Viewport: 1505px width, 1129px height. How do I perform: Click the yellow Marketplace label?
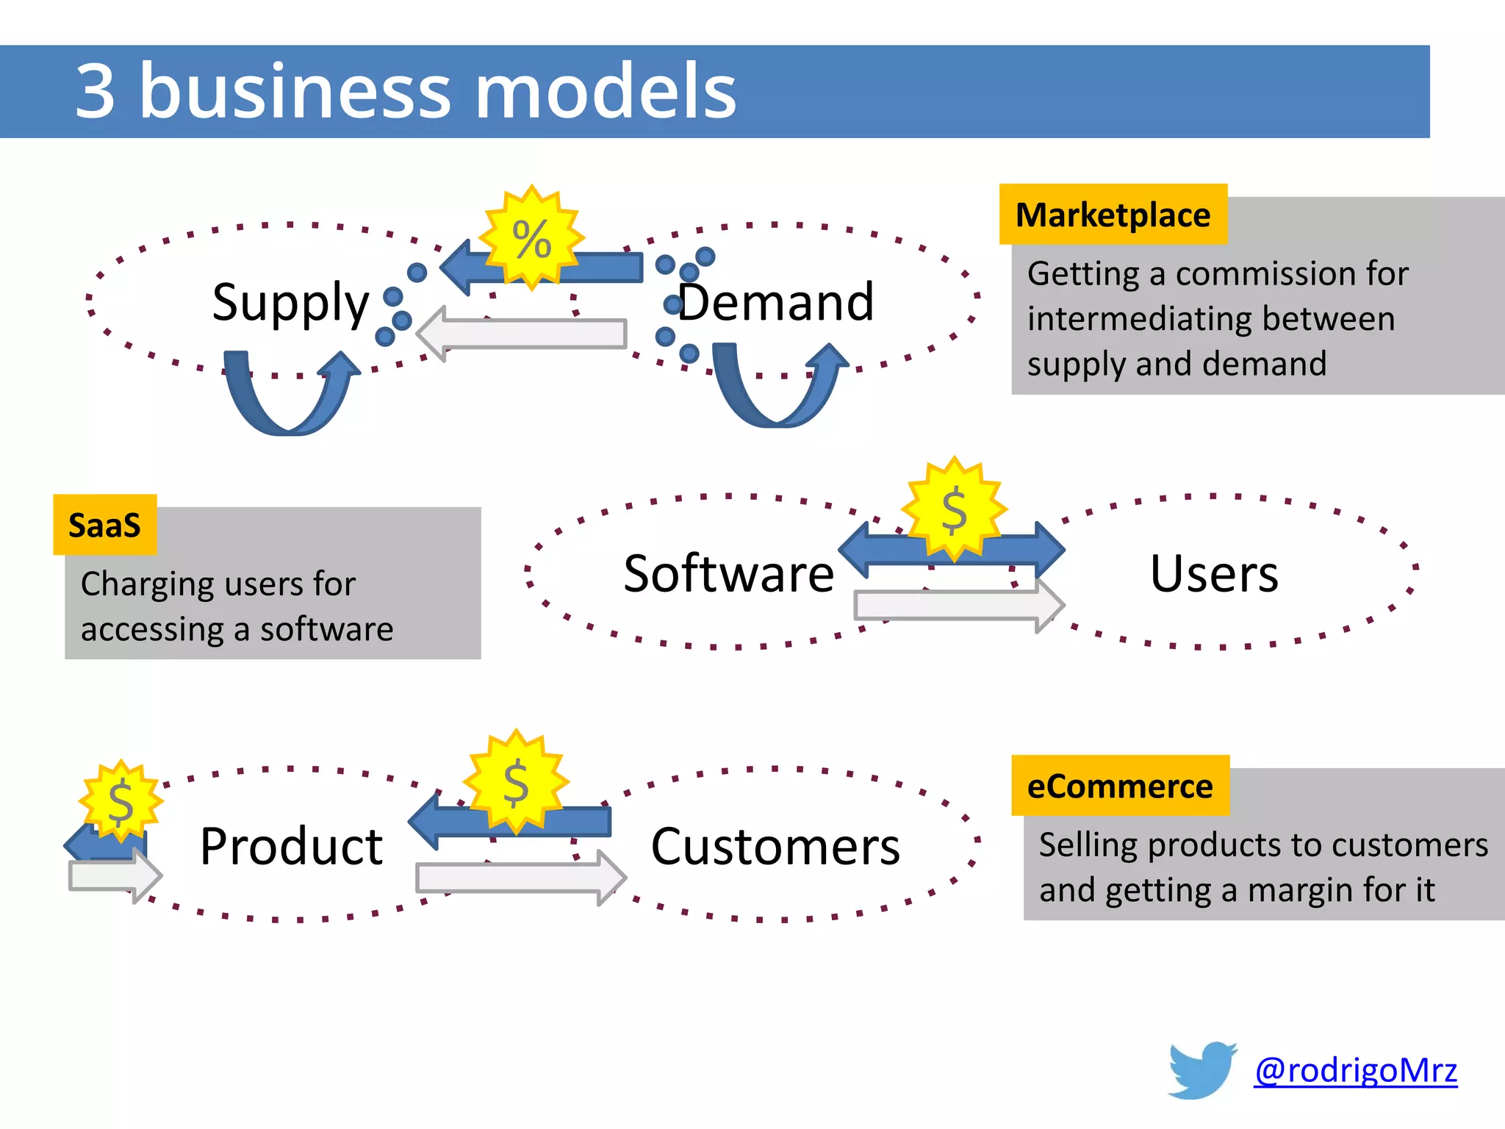[x=1113, y=215]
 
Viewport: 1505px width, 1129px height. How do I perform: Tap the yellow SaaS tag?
[x=104, y=525]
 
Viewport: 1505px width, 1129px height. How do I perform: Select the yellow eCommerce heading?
[x=1120, y=786]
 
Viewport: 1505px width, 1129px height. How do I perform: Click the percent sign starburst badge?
[x=532, y=238]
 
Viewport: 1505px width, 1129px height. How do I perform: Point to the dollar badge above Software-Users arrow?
[x=954, y=509]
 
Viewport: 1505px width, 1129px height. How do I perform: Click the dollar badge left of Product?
[x=121, y=800]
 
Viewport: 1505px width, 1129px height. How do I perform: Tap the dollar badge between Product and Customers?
[x=516, y=782]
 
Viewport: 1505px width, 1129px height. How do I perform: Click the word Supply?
[x=290, y=302]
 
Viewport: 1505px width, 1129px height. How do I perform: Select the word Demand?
[x=776, y=302]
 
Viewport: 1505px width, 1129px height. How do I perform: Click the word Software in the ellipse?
[x=728, y=573]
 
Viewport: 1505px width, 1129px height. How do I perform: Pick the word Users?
[x=1214, y=573]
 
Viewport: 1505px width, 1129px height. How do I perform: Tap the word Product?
[x=291, y=847]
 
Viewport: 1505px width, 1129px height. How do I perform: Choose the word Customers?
[x=775, y=847]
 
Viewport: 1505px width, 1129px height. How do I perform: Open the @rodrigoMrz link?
[x=1356, y=1069]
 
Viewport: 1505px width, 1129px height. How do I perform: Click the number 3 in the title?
[x=96, y=91]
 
